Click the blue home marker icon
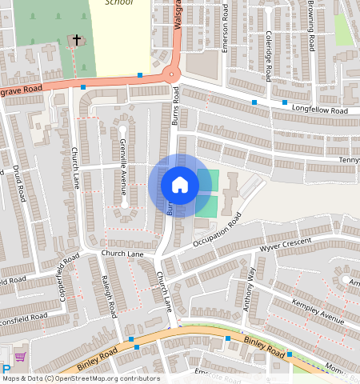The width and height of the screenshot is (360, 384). point(180,185)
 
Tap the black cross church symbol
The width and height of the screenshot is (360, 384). point(78,39)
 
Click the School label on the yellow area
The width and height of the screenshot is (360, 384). point(118,3)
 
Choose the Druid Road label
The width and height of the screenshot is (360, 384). point(18,183)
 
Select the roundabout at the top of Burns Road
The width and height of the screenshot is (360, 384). point(170,74)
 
